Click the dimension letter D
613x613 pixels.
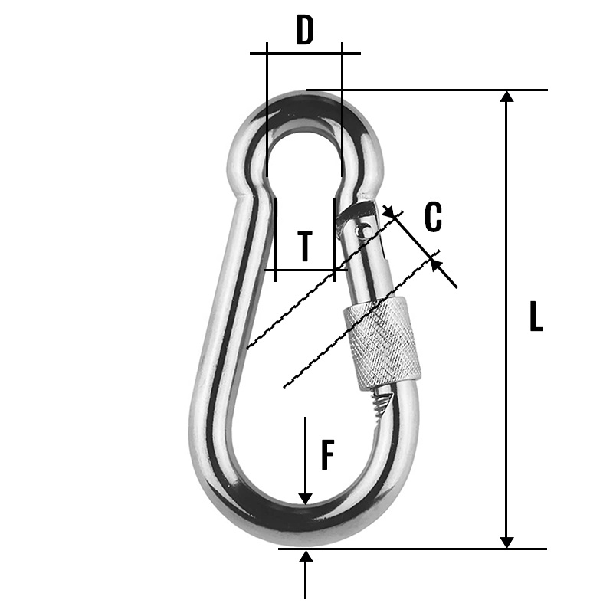[305, 31]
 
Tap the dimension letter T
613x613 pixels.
[305, 246]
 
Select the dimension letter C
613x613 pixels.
[433, 217]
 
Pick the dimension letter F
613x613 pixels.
[327, 455]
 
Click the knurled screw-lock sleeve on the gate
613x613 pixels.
[382, 343]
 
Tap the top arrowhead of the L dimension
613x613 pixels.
[506, 97]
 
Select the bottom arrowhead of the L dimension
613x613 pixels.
[506, 541]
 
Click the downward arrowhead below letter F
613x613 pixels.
[306, 498]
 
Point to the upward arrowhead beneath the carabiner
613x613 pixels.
[306, 556]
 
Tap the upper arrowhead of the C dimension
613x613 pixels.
[393, 212]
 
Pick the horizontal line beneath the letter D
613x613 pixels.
[305, 53]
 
